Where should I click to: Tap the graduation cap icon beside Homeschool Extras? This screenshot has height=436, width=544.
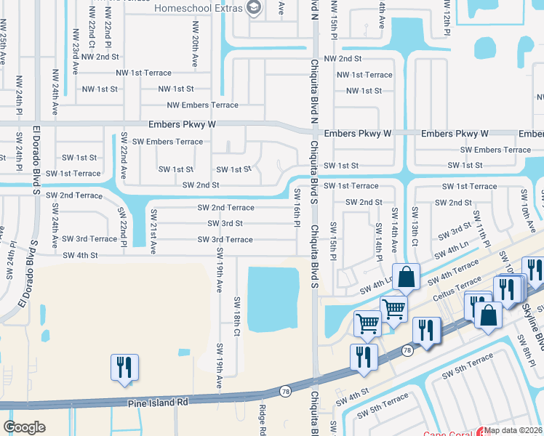[x=254, y=8]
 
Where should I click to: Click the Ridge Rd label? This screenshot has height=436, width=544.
[x=263, y=420]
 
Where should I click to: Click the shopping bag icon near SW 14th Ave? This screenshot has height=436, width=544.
[x=405, y=276]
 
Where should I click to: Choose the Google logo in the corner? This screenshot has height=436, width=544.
[x=24, y=427]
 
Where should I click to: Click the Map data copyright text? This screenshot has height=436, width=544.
[x=512, y=430]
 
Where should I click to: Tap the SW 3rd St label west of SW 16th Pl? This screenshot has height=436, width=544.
[x=225, y=224]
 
